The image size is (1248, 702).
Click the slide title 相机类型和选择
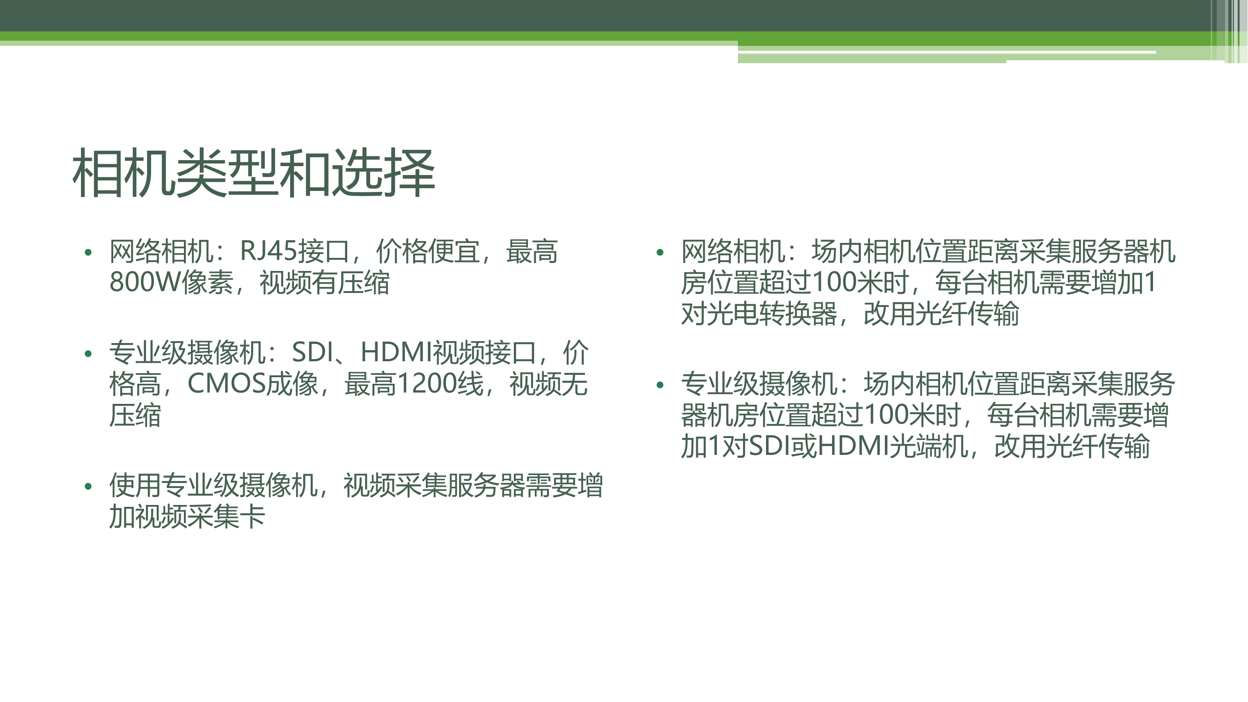(x=254, y=174)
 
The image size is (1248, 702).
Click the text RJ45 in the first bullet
(x=269, y=251)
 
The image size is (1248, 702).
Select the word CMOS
(x=227, y=384)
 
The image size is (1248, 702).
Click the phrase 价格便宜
(x=428, y=251)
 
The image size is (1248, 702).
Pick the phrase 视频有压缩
(x=325, y=283)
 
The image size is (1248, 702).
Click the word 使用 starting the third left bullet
(x=135, y=485)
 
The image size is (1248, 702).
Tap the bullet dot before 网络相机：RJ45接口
(x=88, y=252)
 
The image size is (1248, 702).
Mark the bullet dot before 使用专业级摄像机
(x=88, y=486)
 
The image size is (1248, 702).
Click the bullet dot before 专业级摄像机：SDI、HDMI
(x=88, y=354)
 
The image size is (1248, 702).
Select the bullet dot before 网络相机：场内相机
(x=659, y=252)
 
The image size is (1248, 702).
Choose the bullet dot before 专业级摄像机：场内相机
(x=659, y=385)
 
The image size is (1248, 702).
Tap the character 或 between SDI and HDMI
(x=804, y=446)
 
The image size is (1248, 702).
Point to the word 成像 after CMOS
(x=292, y=384)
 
